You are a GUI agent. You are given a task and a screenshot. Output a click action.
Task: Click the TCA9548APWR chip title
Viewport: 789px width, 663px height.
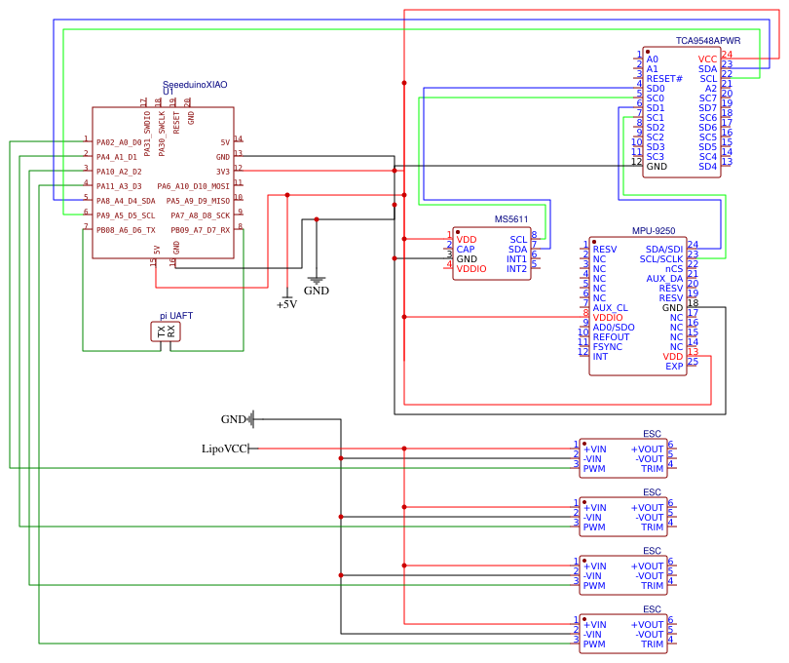pos(708,41)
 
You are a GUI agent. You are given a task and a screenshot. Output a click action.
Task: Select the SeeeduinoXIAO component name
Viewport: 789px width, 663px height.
pos(195,85)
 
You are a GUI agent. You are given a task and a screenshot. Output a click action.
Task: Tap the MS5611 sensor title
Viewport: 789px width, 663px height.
pos(511,219)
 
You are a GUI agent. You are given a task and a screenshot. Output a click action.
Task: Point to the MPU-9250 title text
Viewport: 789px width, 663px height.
pos(654,231)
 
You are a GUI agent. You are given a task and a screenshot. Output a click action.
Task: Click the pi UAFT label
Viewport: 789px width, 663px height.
pos(176,316)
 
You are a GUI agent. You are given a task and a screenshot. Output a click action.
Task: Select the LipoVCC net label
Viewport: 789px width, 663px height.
pos(224,448)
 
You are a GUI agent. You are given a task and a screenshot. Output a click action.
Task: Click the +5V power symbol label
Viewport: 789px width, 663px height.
pos(286,304)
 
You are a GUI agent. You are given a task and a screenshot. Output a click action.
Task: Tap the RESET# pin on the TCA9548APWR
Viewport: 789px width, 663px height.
pos(664,79)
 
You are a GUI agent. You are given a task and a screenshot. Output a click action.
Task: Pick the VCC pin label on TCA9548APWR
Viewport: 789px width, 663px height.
pos(707,59)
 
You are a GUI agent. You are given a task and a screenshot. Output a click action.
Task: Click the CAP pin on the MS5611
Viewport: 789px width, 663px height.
pos(466,250)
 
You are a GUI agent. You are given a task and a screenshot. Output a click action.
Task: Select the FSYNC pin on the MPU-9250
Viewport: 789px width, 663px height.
pos(607,347)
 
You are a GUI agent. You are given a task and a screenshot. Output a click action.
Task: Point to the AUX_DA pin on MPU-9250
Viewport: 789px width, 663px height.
pos(664,279)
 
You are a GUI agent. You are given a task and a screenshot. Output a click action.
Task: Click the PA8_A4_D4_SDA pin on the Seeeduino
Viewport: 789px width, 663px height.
pos(126,201)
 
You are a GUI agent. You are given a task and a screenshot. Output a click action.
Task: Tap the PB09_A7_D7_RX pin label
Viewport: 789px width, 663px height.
pos(201,230)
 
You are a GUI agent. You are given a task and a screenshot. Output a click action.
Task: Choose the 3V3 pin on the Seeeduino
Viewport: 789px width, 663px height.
pos(223,172)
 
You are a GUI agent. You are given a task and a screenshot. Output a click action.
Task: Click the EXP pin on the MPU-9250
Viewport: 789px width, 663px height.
pos(674,367)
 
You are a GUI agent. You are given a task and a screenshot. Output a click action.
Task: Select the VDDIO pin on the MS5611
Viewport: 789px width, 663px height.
pos(471,269)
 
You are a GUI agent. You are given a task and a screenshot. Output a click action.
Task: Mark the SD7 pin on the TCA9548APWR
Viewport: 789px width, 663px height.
pos(707,108)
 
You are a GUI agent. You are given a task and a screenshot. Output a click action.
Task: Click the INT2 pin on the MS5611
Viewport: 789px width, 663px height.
pos(516,269)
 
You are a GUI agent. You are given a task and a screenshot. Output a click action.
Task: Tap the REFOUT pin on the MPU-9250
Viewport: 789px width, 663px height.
pos(612,337)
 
